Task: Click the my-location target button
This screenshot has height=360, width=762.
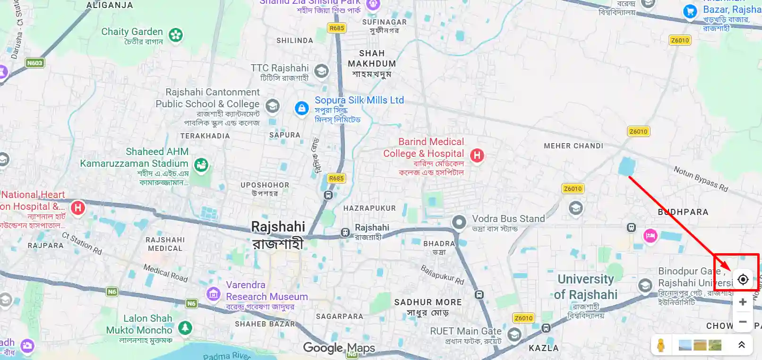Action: click(x=743, y=279)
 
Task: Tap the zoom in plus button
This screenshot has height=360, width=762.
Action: click(x=743, y=302)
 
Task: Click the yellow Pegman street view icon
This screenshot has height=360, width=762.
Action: click(x=661, y=345)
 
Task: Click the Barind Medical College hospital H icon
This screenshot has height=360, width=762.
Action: click(x=477, y=155)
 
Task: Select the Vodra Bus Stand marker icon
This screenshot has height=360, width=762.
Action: click(x=459, y=222)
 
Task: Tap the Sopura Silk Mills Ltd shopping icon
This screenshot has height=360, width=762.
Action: click(x=301, y=108)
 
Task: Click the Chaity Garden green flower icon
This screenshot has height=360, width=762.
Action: click(x=176, y=35)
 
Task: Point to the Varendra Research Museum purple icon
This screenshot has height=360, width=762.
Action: click(x=213, y=294)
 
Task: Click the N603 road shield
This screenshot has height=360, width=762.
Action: click(x=34, y=63)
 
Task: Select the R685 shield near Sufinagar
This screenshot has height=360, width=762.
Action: click(x=336, y=28)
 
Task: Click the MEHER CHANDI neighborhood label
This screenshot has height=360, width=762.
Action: click(x=573, y=146)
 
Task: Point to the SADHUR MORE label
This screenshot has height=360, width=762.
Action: click(x=428, y=302)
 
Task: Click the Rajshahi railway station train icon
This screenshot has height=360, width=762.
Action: click(x=345, y=232)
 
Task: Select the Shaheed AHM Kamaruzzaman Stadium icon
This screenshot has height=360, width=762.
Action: click(x=201, y=165)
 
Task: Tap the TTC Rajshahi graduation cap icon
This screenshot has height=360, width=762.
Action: click(x=321, y=71)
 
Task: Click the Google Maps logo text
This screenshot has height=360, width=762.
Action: click(x=339, y=348)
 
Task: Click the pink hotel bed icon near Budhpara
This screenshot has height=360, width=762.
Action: click(x=650, y=236)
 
